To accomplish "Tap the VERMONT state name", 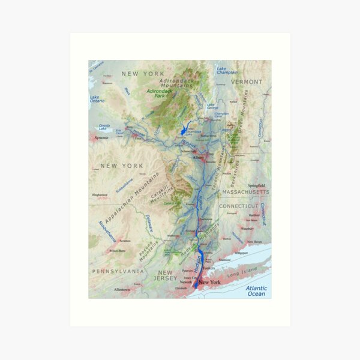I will (246, 82).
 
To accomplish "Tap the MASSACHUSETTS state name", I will (245, 192).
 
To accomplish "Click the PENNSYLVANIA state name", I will (118, 271).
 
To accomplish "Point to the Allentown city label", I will (122, 289).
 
